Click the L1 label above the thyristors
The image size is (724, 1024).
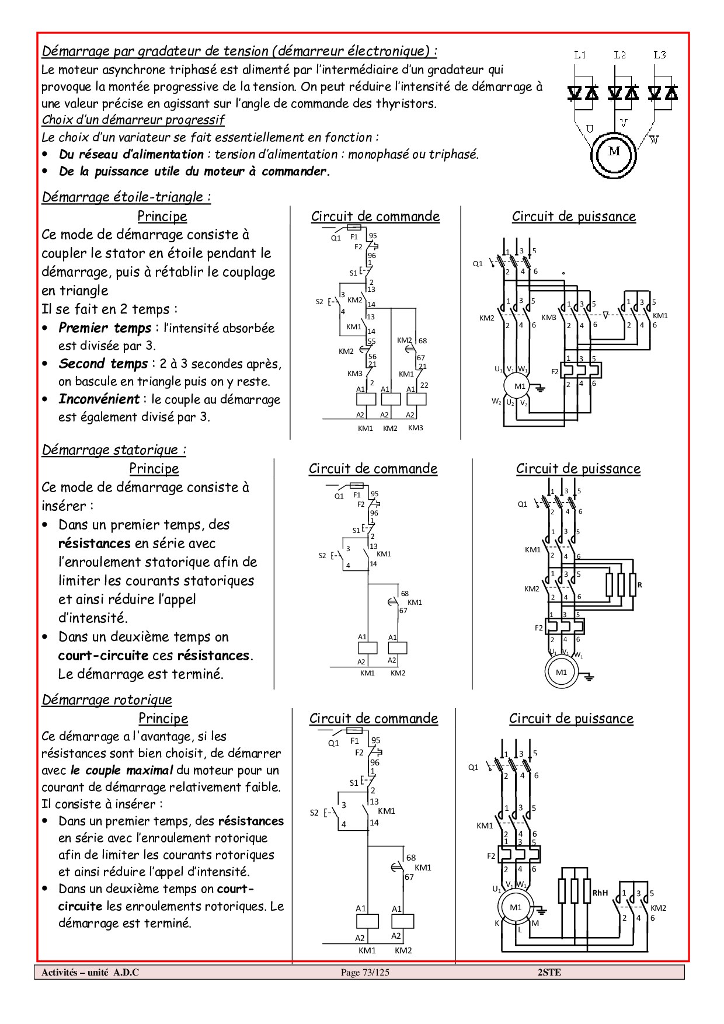pos(580,55)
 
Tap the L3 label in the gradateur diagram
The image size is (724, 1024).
pos(659,55)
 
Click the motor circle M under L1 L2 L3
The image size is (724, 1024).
pos(614,152)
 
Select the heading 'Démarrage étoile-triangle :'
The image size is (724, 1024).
pos(126,197)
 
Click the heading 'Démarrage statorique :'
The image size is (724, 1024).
pos(114,450)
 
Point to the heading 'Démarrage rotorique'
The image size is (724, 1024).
pos(107,699)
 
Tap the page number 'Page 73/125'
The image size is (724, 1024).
pos(364,972)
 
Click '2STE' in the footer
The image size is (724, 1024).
pos(549,972)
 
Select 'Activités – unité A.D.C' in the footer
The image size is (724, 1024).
pos(90,972)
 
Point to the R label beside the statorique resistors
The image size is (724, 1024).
pos(640,584)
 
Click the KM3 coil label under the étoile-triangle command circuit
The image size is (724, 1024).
pos(416,428)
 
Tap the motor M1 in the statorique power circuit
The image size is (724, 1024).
pos(561,672)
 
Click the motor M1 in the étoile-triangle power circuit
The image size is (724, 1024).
pos(520,386)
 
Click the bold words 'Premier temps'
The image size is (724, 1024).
pos(105,328)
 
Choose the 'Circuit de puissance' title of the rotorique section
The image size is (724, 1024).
pos(571,718)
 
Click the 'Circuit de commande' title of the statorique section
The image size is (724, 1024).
pos(373,468)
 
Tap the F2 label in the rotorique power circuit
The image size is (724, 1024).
pos(491,856)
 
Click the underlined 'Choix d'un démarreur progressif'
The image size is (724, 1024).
pos(133,120)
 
